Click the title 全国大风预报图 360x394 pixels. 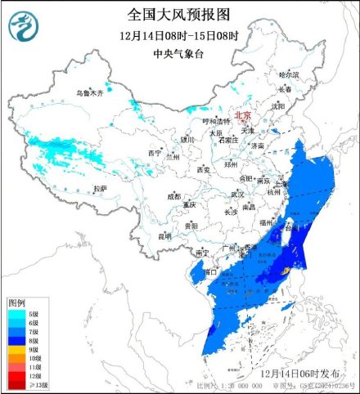point(179,14)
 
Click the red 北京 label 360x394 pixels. point(243,116)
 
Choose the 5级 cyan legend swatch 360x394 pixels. point(16,313)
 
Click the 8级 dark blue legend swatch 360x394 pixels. point(16,340)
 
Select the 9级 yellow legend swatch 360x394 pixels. point(16,349)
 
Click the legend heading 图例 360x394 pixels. point(17,302)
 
